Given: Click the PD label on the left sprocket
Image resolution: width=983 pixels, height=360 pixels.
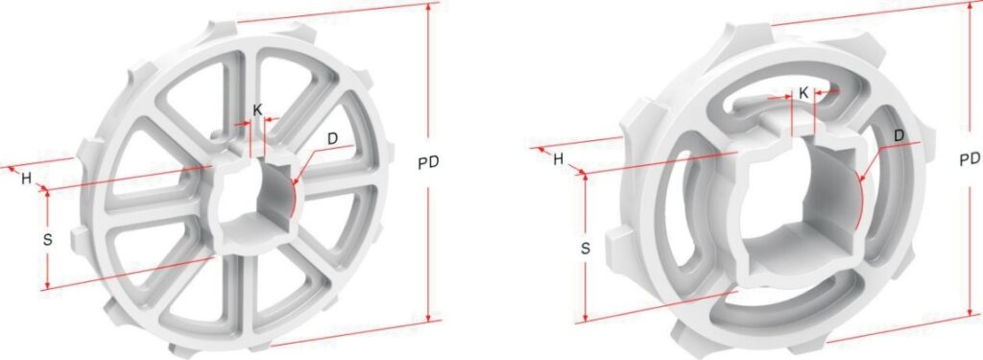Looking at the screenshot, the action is tap(428, 162).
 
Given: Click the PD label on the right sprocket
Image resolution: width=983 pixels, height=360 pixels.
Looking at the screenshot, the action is tap(970, 159).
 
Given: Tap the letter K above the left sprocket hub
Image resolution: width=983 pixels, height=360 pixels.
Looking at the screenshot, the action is tap(257, 109).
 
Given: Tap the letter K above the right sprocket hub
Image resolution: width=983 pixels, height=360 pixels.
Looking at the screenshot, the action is tap(803, 93).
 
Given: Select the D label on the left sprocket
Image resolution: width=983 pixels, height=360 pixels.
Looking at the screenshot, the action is tap(332, 139).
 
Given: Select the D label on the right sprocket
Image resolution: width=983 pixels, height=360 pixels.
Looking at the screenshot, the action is tap(899, 135).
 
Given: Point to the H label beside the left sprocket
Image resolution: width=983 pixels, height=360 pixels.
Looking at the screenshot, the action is tap(26, 179).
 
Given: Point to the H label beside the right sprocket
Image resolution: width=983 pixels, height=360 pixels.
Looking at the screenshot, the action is tap(558, 160).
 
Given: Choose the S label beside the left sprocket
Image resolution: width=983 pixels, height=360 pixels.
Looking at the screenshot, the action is tap(47, 239).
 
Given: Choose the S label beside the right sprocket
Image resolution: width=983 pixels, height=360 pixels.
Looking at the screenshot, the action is tap(585, 249).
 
